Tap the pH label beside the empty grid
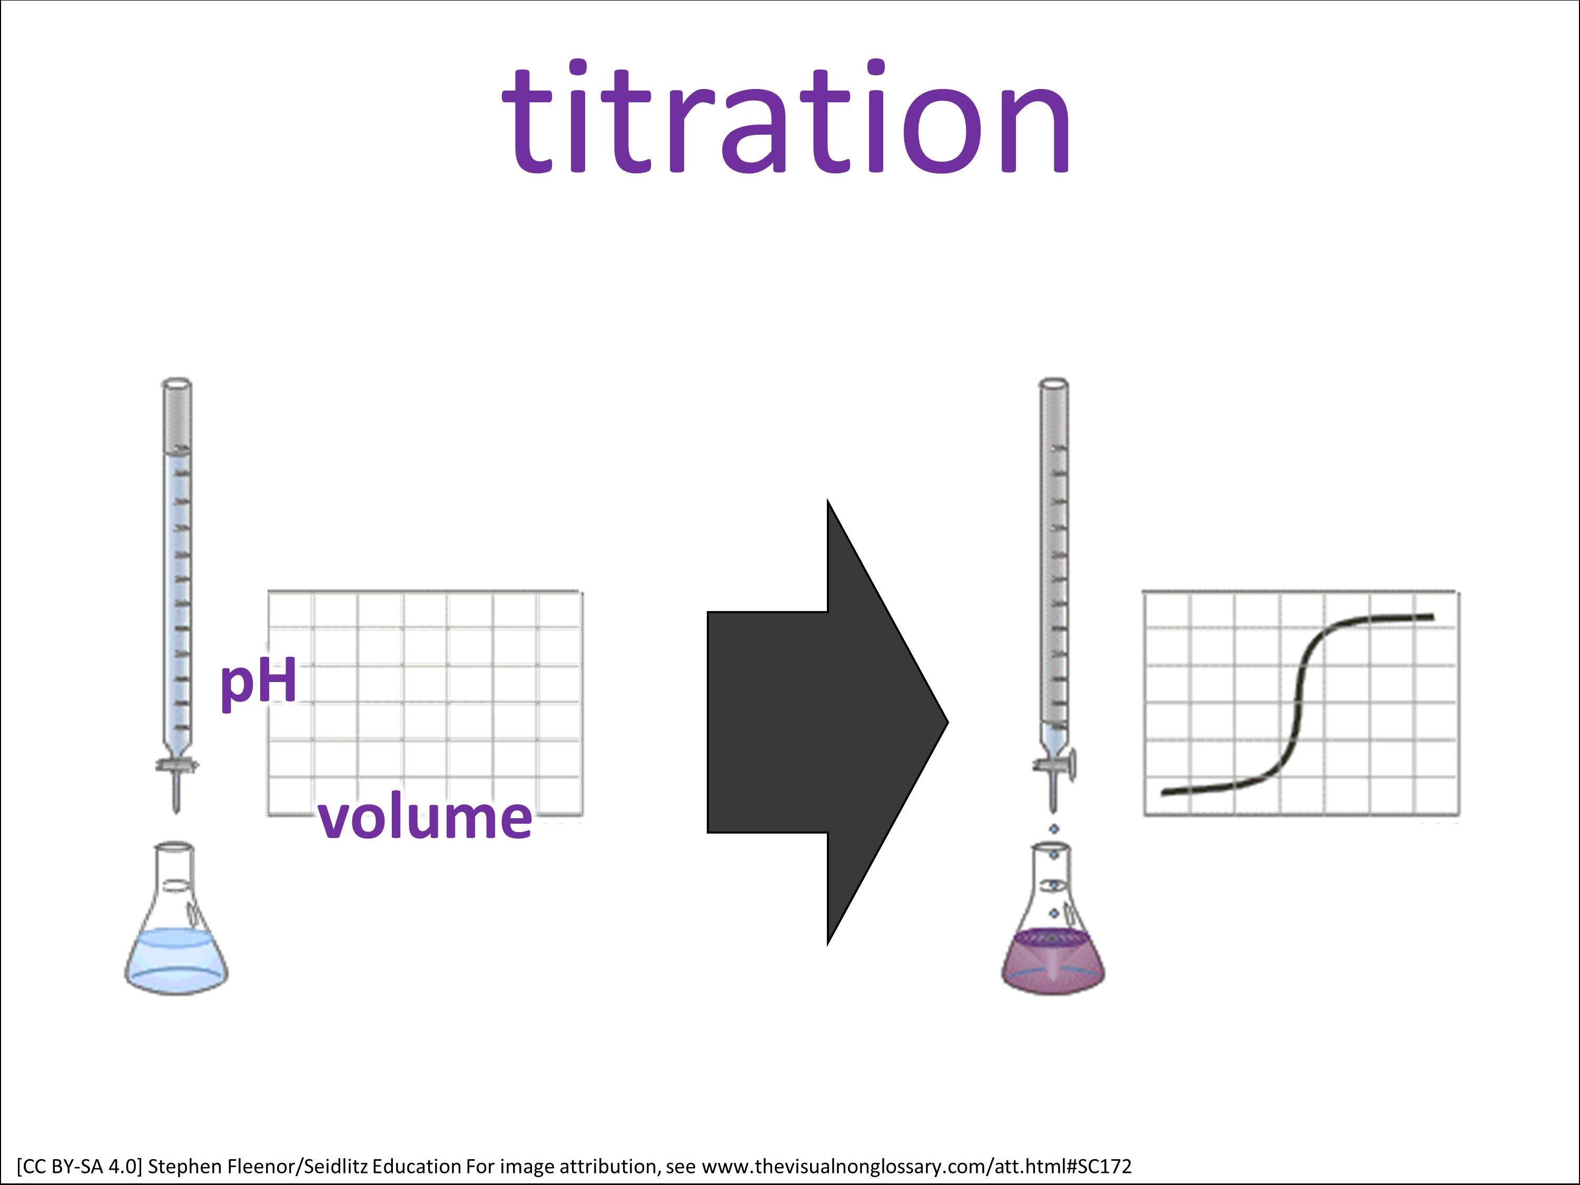(x=259, y=682)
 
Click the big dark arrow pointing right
(x=827, y=722)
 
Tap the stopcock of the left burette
(x=176, y=766)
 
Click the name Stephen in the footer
(x=184, y=1167)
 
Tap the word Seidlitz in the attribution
(x=335, y=1167)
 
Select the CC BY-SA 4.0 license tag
(x=80, y=1167)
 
